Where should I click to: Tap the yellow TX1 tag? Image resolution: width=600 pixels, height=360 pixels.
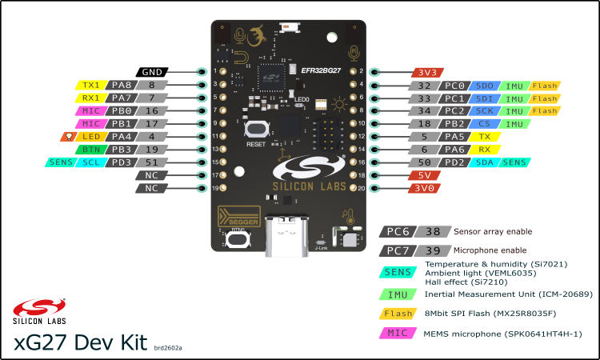click(91, 85)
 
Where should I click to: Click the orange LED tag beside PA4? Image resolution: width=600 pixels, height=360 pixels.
click(91, 136)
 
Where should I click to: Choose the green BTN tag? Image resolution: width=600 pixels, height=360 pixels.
click(90, 150)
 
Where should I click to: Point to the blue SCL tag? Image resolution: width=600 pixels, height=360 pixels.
click(90, 162)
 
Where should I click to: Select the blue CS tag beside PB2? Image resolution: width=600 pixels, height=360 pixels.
click(484, 124)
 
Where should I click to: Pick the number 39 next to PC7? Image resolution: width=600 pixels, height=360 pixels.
click(433, 250)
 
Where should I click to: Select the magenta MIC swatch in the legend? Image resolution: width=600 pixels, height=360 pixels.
click(398, 333)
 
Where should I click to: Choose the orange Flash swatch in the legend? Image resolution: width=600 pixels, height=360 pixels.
click(398, 313)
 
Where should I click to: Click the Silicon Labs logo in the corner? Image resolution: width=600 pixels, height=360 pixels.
click(34, 310)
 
